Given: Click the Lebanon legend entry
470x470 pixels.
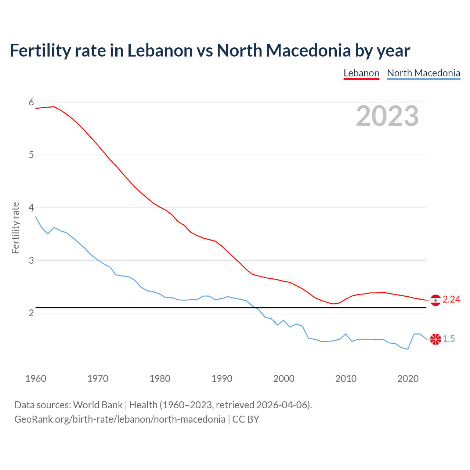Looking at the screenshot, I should (x=361, y=73).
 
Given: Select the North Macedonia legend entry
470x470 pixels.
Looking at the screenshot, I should (x=423, y=73).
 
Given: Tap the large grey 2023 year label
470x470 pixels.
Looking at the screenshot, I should (x=387, y=116).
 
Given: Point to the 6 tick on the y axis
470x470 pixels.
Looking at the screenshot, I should (x=31, y=102).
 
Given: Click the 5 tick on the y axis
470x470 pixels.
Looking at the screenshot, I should (x=31, y=155).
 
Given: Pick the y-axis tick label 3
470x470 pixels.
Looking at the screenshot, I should (x=31, y=260).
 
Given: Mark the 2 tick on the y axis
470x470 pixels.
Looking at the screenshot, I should (x=31, y=313).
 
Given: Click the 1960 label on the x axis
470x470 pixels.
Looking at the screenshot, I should (x=36, y=379).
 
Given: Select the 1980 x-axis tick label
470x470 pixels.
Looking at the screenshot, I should (x=160, y=379).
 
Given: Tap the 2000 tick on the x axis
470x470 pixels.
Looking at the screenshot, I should (x=284, y=379).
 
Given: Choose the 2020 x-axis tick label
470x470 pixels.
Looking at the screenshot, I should (x=408, y=379).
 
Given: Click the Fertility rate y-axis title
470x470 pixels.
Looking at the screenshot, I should (x=15, y=228).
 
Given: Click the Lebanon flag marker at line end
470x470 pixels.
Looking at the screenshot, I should (x=435, y=300).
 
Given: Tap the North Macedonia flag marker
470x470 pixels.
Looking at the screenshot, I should (x=435, y=339).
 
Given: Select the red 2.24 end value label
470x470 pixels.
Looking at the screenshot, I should (x=451, y=300).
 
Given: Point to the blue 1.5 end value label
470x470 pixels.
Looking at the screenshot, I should (x=449, y=339).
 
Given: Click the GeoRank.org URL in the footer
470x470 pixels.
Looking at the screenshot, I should (x=120, y=419).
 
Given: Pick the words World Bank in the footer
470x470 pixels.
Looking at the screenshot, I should (x=98, y=405).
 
